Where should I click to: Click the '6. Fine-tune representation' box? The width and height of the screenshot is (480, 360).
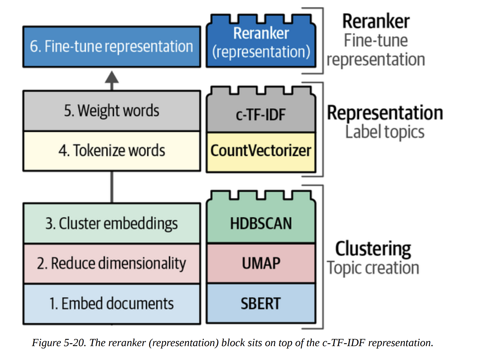click(112, 47)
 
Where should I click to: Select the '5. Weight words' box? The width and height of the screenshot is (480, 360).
click(112, 110)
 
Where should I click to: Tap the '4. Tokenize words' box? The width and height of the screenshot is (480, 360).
click(112, 151)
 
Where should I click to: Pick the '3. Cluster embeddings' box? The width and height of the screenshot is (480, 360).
click(112, 224)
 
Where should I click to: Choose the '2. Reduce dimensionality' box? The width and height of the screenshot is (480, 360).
click(112, 263)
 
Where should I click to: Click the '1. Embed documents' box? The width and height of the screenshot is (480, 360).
click(112, 304)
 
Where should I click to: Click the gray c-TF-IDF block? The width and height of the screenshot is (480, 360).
click(261, 114)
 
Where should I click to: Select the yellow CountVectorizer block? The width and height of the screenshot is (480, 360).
click(261, 151)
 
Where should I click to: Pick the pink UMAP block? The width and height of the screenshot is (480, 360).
click(261, 263)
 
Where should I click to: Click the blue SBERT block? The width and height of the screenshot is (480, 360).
click(261, 304)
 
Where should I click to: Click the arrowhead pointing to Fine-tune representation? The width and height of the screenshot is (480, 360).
click(112, 78)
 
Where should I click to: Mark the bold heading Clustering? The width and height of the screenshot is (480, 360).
click(373, 249)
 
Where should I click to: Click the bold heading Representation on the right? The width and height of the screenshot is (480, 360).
click(385, 113)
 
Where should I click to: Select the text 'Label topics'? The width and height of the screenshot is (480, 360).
click(385, 132)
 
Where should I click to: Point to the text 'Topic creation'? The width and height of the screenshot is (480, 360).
click(373, 268)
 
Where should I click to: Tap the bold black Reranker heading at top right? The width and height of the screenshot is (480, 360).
click(376, 21)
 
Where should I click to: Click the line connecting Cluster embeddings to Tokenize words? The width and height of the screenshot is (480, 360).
click(112, 187)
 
